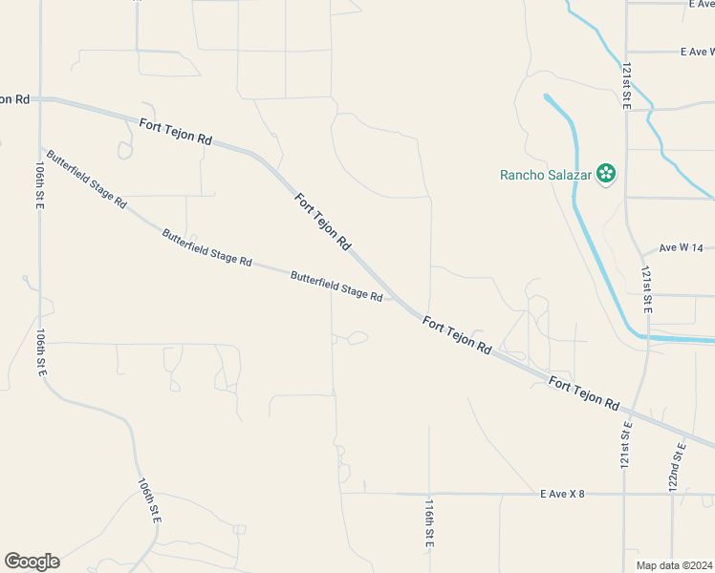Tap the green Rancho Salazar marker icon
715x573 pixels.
[x=605, y=173]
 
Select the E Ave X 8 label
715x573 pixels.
[x=574, y=494]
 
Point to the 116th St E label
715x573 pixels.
[x=430, y=521]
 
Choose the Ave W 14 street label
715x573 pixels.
[x=681, y=247]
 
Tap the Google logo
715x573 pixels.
[x=32, y=562]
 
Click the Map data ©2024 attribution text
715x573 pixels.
[x=674, y=565]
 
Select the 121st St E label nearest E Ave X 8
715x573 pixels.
[x=626, y=444]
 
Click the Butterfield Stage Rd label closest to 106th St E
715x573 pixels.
[x=85, y=179]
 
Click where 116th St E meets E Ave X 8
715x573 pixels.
[x=429, y=494]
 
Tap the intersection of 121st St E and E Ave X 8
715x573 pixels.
[x=624, y=494]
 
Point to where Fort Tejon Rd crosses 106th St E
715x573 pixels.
[x=40, y=97]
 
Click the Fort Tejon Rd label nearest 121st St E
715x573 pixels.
[x=584, y=392]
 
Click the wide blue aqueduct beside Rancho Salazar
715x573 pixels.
[x=576, y=191]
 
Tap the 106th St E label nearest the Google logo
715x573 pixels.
[x=149, y=499]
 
